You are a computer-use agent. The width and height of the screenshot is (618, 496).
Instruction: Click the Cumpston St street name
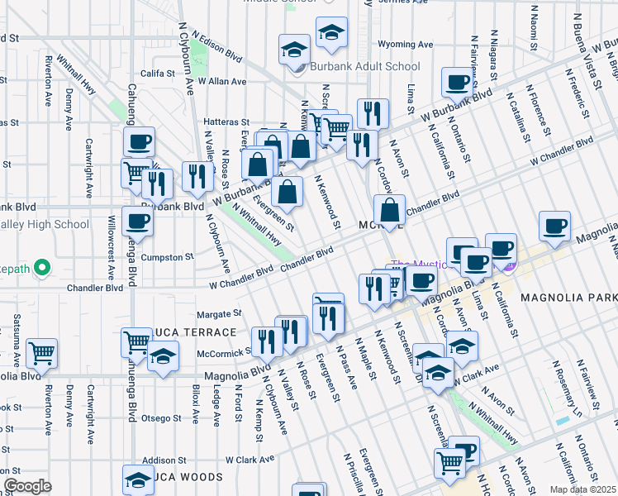(168, 257)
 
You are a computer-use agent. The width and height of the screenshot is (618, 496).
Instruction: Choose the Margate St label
(219, 314)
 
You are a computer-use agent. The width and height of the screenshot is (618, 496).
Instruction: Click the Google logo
(27, 485)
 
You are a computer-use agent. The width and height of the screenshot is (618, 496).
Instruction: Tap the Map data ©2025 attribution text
(582, 489)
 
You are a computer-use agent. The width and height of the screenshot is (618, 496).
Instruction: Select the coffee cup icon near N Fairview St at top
(456, 82)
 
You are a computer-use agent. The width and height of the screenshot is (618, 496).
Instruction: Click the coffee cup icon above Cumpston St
(137, 221)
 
